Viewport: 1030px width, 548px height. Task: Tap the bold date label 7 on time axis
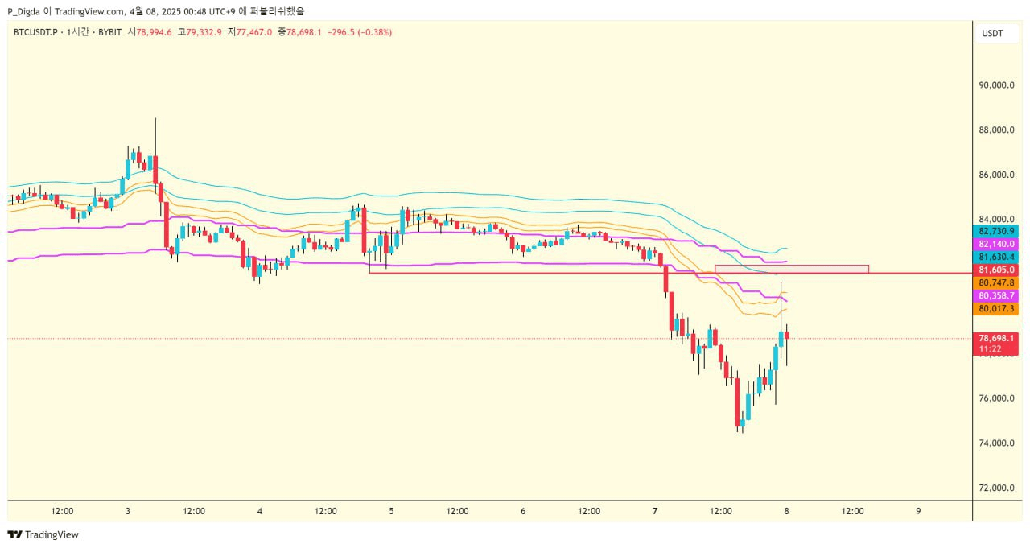tap(655, 511)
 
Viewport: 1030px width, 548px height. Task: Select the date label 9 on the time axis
tap(918, 511)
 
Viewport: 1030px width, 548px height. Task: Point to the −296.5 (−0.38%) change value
tap(360, 32)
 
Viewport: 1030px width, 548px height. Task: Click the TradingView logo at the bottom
tap(43, 534)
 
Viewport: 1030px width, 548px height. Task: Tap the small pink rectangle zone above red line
tap(791, 269)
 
